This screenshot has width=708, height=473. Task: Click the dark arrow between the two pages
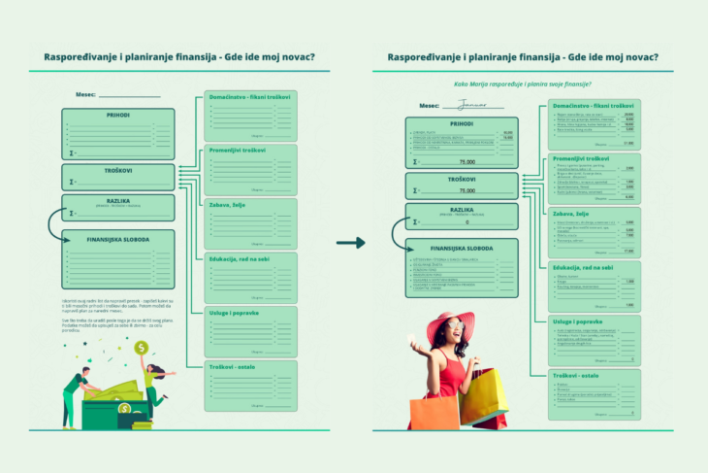click(350, 242)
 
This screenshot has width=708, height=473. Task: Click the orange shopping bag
click(433, 411)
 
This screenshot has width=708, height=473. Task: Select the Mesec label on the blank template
click(84, 95)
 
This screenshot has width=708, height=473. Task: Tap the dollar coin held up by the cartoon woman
click(142, 348)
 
